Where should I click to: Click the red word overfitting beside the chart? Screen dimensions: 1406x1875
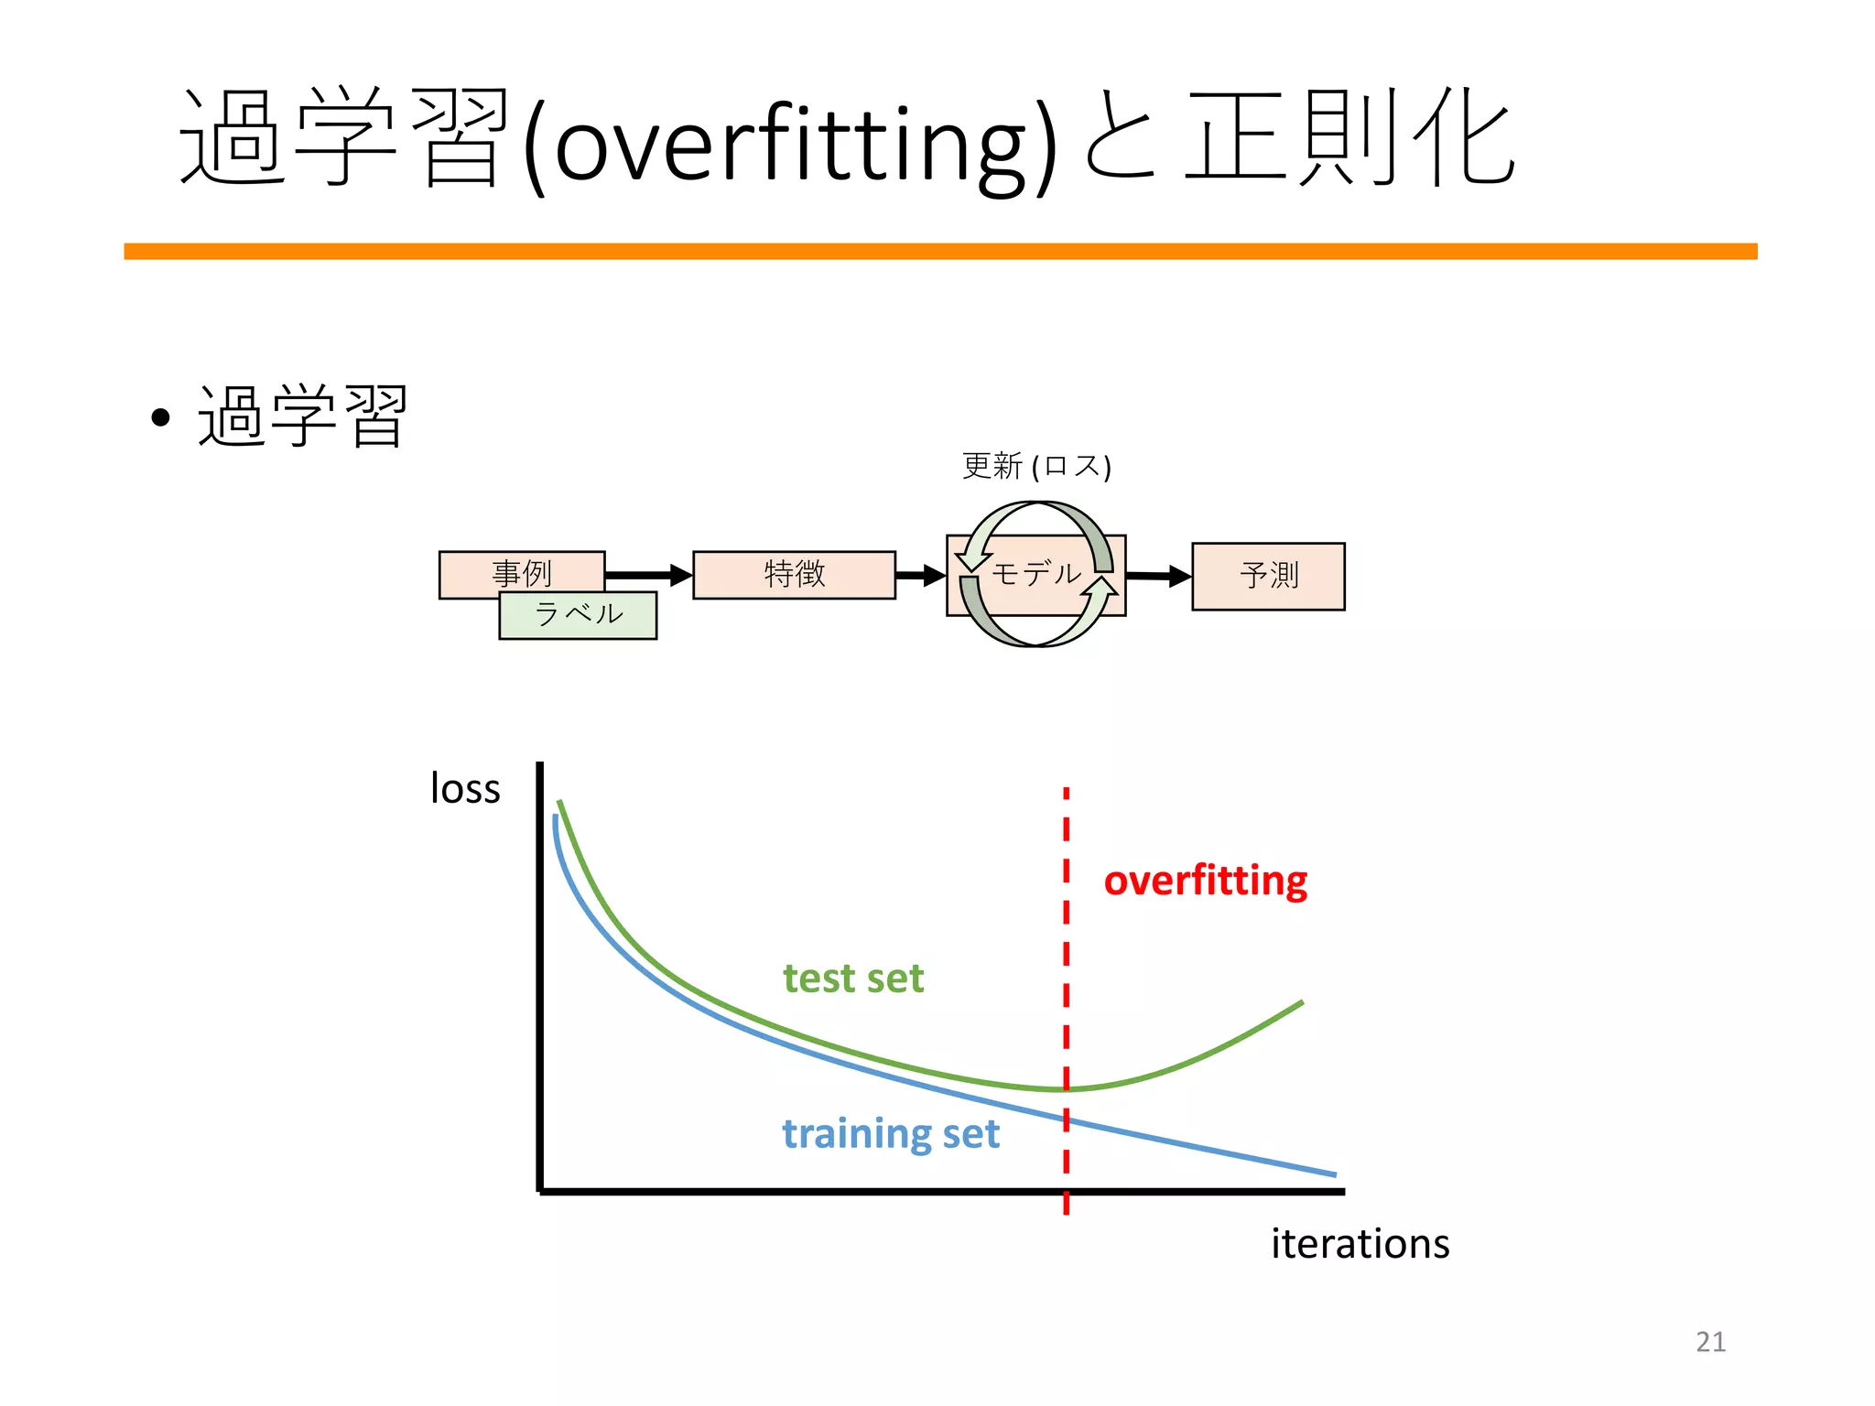pos(1205,881)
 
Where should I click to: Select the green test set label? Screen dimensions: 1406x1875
pos(853,979)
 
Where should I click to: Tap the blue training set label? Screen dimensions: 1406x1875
pos(890,1134)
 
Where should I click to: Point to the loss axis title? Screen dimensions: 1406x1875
pos(465,789)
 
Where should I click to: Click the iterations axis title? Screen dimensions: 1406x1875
pos(1360,1244)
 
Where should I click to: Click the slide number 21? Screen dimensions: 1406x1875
pos(1710,1342)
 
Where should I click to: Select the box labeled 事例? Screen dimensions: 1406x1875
pos(521,572)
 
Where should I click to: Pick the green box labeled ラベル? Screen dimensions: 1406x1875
pos(578,615)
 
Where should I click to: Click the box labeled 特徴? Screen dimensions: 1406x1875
pos(794,575)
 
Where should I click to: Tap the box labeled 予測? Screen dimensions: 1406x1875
pos(1268,576)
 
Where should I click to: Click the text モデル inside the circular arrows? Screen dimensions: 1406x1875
pos(1035,574)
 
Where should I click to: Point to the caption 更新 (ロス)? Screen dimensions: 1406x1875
pos(1035,467)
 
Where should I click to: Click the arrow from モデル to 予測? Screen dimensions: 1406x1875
pos(1158,576)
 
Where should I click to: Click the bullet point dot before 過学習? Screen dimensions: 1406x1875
pos(161,418)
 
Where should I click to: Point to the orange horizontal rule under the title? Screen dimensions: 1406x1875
pos(940,251)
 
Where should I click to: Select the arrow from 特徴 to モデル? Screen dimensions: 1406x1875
pos(920,575)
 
